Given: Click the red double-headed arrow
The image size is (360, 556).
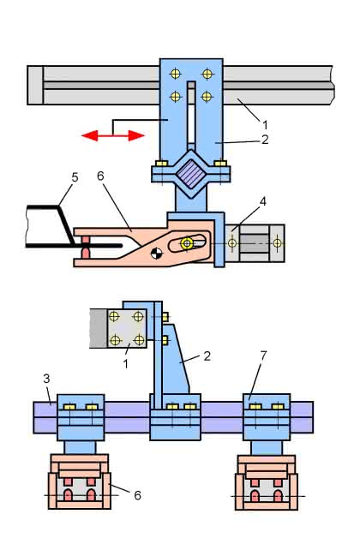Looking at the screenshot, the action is (x=113, y=135).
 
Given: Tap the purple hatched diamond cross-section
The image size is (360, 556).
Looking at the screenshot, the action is (x=191, y=174).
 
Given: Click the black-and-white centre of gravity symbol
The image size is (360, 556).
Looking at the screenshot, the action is (x=156, y=254).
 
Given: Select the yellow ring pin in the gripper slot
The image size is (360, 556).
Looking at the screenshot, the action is (x=186, y=243).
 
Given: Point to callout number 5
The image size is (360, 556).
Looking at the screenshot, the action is (x=75, y=177).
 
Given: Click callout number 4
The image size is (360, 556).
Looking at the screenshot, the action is (x=262, y=202).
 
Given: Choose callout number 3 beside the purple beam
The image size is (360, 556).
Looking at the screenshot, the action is (x=46, y=379).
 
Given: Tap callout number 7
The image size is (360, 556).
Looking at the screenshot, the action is (x=263, y=356).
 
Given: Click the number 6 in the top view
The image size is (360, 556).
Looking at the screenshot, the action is (x=100, y=176).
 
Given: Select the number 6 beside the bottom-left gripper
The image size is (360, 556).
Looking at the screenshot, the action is (x=138, y=495).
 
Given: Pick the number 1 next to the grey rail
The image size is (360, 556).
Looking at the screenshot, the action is (x=265, y=125).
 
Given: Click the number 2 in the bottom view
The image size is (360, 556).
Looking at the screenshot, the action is (x=207, y=356).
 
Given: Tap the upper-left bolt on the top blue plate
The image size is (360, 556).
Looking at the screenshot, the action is (x=176, y=74).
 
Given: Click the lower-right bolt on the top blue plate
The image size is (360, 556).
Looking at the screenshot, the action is (x=207, y=97).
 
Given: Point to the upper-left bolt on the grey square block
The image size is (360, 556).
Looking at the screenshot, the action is (x=114, y=316).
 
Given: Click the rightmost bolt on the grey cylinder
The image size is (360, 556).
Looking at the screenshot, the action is (x=277, y=243).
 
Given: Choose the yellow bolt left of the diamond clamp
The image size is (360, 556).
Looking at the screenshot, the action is (x=161, y=164).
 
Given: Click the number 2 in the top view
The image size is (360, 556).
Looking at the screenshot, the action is (x=265, y=140).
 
